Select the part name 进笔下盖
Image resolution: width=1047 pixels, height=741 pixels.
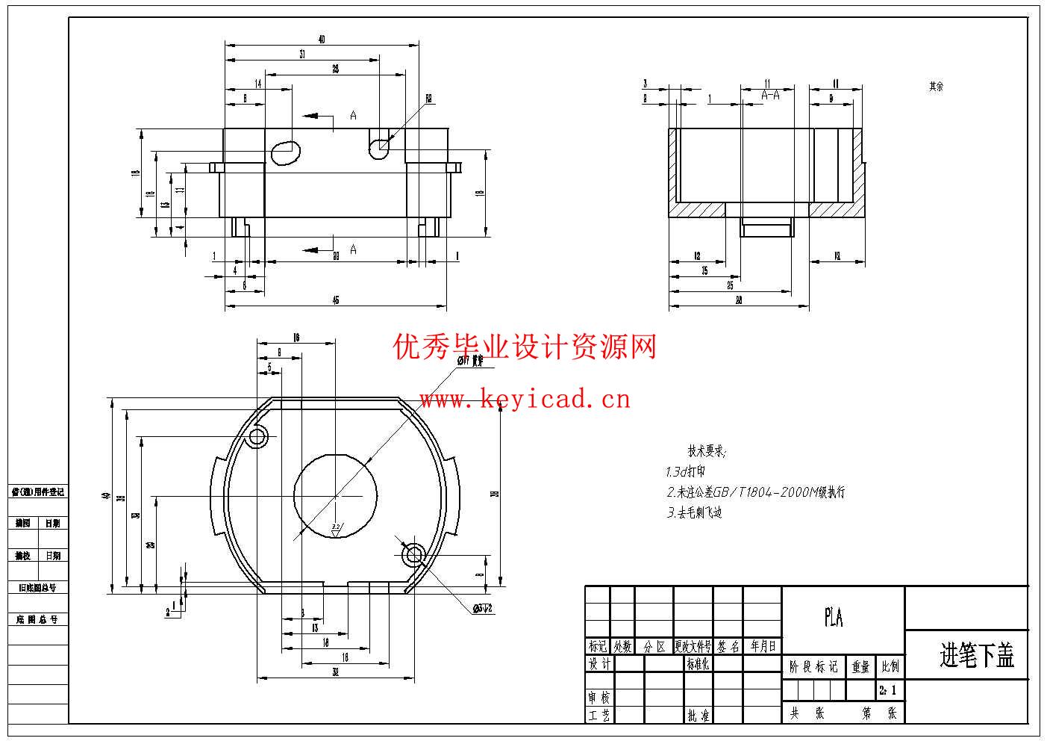pos(976,655)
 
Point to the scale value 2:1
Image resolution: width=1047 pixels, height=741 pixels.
pos(888,690)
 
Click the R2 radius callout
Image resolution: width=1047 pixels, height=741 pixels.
pos(429,98)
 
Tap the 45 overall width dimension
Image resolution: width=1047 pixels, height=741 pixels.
pos(336,300)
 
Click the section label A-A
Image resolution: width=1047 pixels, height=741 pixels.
pos(770,95)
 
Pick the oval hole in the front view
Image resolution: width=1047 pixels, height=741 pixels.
pos(284,152)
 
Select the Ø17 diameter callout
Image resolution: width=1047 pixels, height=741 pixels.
pos(470,361)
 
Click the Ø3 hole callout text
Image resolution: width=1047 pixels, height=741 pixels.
pos(483,609)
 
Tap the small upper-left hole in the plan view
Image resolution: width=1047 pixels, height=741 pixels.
pos(257,436)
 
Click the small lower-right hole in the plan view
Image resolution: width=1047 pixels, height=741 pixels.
pos(413,554)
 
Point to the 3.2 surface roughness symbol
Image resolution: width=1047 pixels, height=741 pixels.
pos(336,529)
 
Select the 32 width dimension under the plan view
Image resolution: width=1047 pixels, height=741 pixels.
pos(336,672)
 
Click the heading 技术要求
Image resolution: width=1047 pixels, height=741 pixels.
pos(706,451)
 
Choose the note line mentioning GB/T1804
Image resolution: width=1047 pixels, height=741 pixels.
pos(755,492)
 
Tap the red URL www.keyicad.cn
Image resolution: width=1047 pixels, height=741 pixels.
pos(524,400)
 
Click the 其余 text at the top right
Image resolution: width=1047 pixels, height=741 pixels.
pos(936,87)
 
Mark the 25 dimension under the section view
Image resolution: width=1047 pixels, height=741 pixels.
pos(730,285)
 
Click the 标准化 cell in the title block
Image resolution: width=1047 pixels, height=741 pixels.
pos(698,663)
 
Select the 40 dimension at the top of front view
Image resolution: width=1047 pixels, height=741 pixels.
pos(322,40)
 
